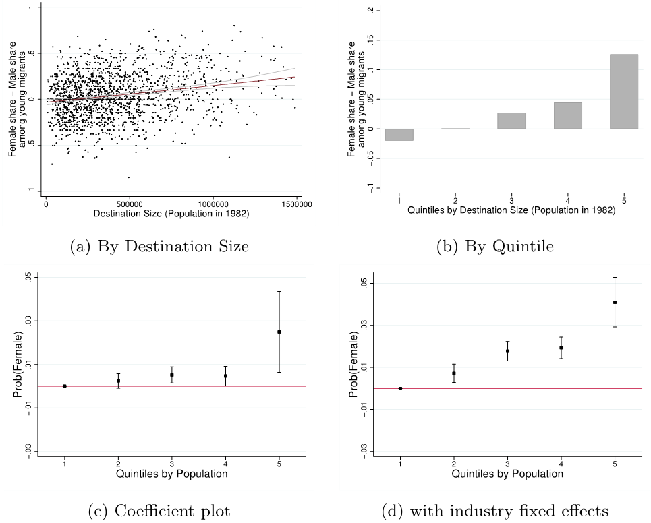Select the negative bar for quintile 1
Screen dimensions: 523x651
(399, 134)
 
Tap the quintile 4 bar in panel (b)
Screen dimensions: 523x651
(567, 116)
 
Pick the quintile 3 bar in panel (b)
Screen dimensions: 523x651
(512, 121)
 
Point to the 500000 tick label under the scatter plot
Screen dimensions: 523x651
(129, 203)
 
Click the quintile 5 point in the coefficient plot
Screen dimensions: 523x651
(279, 332)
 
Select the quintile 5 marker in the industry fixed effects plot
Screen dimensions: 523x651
(615, 302)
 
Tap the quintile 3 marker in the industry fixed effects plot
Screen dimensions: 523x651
(507, 351)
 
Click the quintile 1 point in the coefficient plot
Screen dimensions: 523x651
(65, 386)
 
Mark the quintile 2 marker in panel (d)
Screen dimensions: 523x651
(454, 373)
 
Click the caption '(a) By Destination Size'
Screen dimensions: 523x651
(159, 247)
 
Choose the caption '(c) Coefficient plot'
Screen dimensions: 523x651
(159, 511)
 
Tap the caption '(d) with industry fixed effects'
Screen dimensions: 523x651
(495, 511)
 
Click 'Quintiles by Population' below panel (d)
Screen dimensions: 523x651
(507, 474)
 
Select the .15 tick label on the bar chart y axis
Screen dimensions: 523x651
(368, 40)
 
